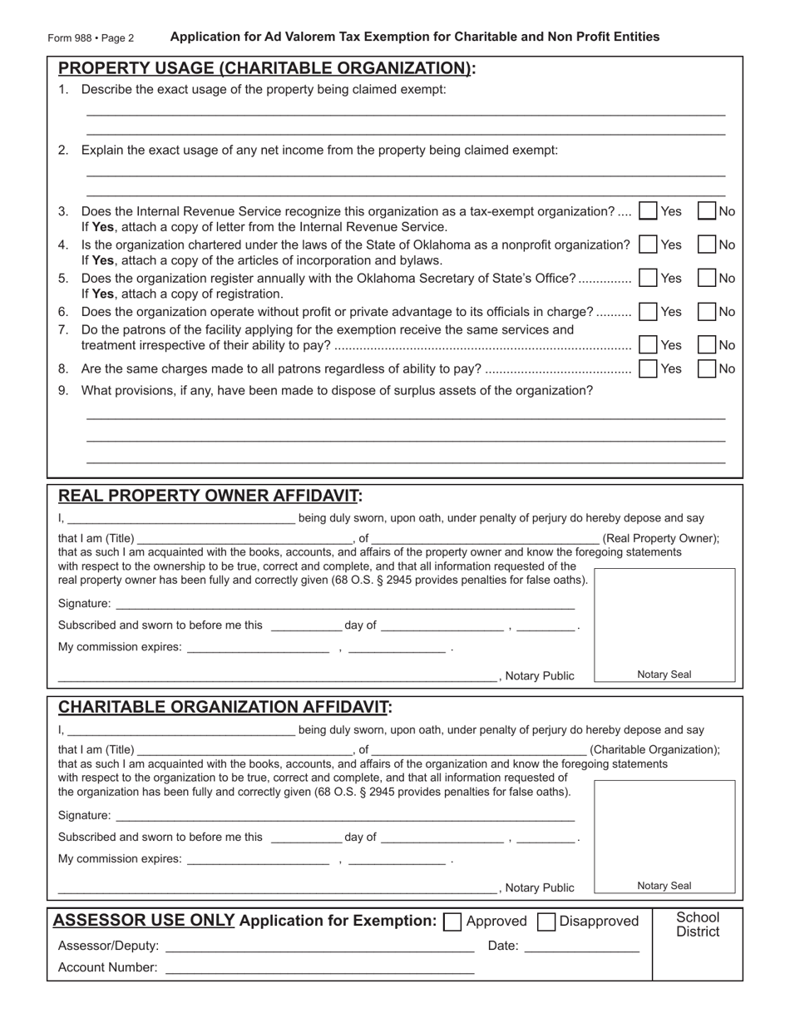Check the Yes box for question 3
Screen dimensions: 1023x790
tap(648, 211)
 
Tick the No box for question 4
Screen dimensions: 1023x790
tap(706, 245)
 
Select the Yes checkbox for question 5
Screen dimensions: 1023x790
tap(648, 279)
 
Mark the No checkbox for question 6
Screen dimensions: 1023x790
tap(706, 312)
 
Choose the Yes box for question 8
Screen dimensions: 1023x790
tap(648, 368)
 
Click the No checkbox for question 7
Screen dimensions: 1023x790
tap(706, 344)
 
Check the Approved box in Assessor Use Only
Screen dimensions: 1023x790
tap(453, 922)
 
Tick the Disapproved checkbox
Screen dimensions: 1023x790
tap(546, 922)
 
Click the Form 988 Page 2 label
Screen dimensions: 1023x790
tap(91, 38)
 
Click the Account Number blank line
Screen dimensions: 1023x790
tap(319, 967)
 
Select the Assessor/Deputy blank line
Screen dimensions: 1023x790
tap(319, 946)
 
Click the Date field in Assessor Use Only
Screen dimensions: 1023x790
tap(582, 946)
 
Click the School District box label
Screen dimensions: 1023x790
tap(697, 924)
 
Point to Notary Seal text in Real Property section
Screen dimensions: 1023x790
tap(664, 675)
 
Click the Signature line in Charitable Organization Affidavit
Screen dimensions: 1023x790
tap(344, 816)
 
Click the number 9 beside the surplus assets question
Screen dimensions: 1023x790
tap(63, 391)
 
